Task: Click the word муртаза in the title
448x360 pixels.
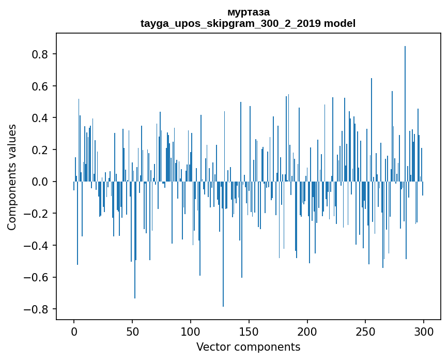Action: pyautogui.click(x=248, y=12)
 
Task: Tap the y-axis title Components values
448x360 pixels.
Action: pyautogui.click(x=12, y=177)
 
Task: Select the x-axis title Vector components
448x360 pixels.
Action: pyautogui.click(x=248, y=347)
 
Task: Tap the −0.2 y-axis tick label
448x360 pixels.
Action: pyautogui.click(x=38, y=214)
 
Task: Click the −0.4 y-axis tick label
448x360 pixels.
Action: pyautogui.click(x=38, y=245)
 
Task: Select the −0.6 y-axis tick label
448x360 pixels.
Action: pyautogui.click(x=38, y=277)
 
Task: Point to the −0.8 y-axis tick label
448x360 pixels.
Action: pyautogui.click(x=38, y=309)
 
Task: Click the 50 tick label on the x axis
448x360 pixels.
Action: pyautogui.click(x=132, y=332)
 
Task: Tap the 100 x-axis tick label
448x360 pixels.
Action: pyautogui.click(x=191, y=332)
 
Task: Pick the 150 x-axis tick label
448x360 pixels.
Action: pyautogui.click(x=249, y=332)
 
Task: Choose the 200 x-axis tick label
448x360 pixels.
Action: pyautogui.click(x=307, y=332)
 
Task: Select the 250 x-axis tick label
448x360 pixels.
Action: pyautogui.click(x=366, y=332)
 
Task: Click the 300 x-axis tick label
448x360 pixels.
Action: pyautogui.click(x=424, y=332)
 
